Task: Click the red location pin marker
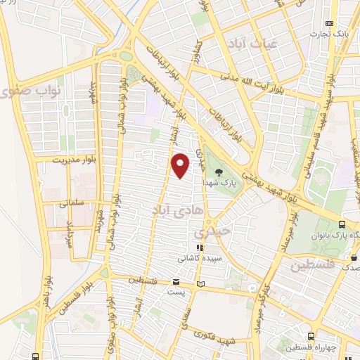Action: click(180, 165)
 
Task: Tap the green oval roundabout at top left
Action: click(126, 56)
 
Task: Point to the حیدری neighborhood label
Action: click(212, 231)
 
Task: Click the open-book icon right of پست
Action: click(202, 284)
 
